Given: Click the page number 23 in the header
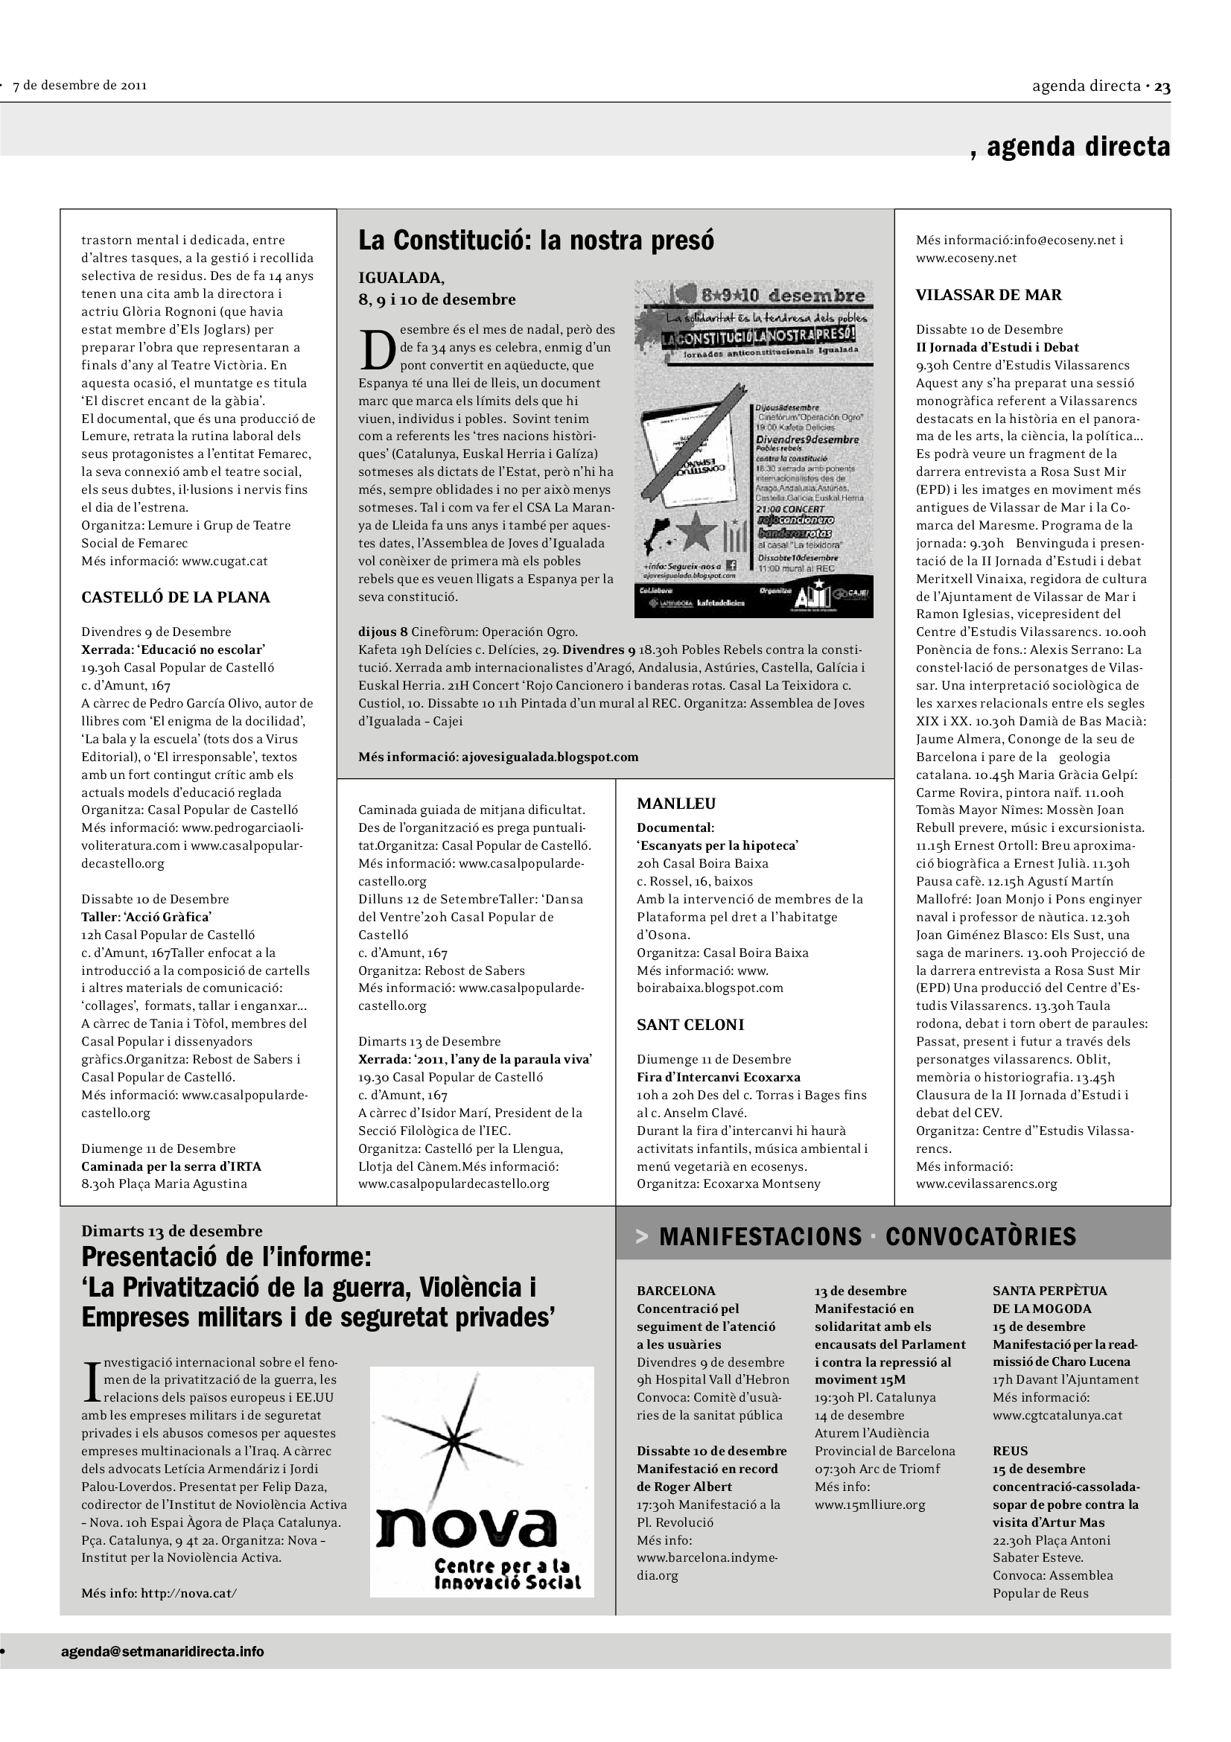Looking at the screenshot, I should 1162,86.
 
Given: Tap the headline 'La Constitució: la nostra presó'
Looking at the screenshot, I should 535,241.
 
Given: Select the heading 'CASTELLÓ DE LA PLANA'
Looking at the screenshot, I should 175,597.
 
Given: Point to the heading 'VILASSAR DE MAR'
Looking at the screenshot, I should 988,295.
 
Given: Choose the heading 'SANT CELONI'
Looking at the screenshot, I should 690,1024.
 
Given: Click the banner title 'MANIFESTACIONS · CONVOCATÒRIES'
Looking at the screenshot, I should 867,1237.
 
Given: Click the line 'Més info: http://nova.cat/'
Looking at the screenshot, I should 159,1592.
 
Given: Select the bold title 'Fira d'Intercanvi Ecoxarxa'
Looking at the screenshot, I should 719,1077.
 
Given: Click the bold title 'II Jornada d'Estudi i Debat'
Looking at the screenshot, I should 996,348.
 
